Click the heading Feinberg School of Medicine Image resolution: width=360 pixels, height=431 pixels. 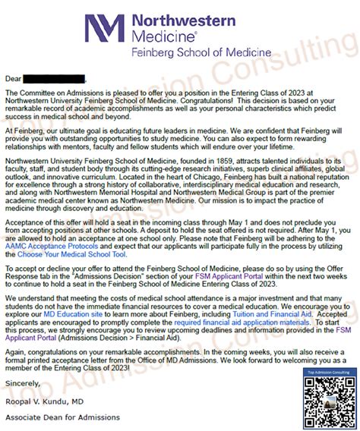tap(201, 52)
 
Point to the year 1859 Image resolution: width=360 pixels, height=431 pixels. tap(197, 162)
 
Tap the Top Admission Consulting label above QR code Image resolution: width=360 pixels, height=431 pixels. tap(321, 374)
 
